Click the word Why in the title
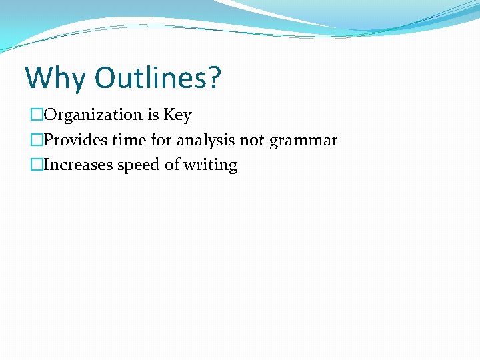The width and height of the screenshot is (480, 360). pyautogui.click(x=55, y=78)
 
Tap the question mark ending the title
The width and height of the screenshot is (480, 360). pyautogui.click(x=213, y=78)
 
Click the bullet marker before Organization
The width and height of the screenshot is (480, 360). pyautogui.click(x=36, y=115)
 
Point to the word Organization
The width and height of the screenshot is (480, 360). pyautogui.click(x=93, y=115)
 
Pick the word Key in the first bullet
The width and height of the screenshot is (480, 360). pyautogui.click(x=177, y=115)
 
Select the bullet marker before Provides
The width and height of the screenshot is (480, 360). pyautogui.click(x=36, y=141)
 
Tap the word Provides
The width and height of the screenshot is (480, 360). pyautogui.click(x=74, y=141)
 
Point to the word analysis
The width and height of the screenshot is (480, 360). pyautogui.click(x=207, y=141)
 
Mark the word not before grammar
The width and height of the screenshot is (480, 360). pyautogui.click(x=253, y=141)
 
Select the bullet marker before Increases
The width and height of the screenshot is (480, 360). pyautogui.click(x=36, y=165)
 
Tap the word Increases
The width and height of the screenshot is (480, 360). pyautogui.click(x=78, y=165)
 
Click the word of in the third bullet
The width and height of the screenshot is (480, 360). pyautogui.click(x=172, y=165)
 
